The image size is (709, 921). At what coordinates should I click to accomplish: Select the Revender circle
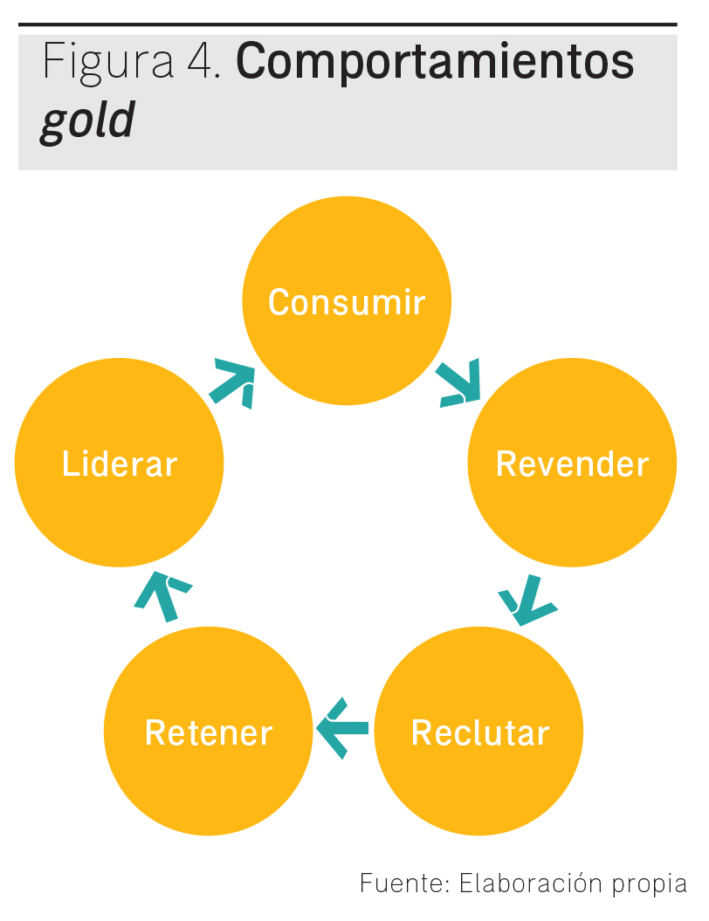click(572, 506)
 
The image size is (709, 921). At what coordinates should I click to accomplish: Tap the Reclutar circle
click(479, 777)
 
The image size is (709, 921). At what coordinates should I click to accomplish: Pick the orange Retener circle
click(209, 777)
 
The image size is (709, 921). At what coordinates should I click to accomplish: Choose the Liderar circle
click(120, 506)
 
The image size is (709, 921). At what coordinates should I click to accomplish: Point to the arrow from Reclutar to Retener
click(342, 726)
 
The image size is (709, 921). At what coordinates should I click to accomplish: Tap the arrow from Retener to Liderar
click(162, 595)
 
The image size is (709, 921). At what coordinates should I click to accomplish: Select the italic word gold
click(87, 120)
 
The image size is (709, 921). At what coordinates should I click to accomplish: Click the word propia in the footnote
click(649, 884)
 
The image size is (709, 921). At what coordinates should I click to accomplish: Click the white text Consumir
click(347, 302)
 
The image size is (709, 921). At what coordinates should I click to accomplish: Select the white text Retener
click(209, 732)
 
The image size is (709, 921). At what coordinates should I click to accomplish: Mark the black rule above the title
click(348, 24)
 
